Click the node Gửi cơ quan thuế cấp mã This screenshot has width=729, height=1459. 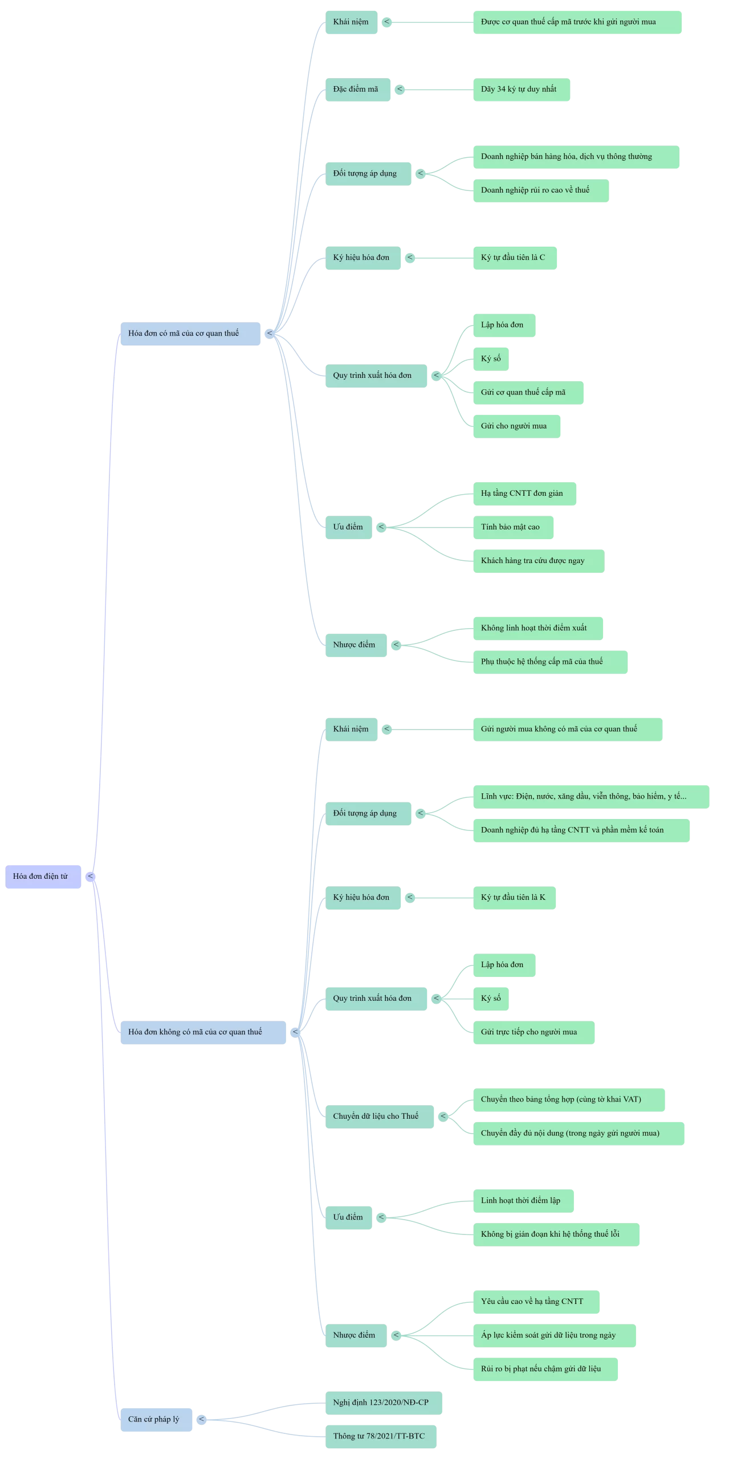[x=528, y=393]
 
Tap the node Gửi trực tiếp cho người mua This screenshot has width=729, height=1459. [x=533, y=1032]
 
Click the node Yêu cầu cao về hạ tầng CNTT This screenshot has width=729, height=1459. [x=536, y=1302]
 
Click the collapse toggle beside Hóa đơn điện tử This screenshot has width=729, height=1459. [x=91, y=877]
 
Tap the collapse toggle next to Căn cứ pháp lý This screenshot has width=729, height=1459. [x=202, y=1419]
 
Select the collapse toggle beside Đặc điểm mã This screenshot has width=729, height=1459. [x=400, y=89]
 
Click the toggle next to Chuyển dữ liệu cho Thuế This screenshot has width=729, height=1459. [x=443, y=1116]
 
